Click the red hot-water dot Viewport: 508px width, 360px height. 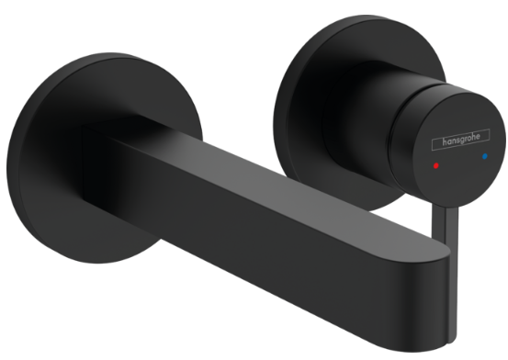pos(435,165)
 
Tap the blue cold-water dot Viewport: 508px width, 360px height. pos(485,156)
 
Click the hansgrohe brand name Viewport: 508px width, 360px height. pos(461,140)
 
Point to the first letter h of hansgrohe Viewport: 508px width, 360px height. pos(445,142)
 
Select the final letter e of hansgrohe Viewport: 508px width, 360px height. pos(477,136)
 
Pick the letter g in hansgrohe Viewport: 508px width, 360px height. pos(462,141)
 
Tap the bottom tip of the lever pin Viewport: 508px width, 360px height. pos(451,342)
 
